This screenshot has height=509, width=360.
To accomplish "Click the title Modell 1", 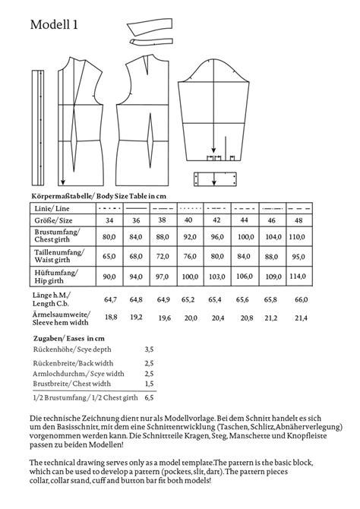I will [54, 25].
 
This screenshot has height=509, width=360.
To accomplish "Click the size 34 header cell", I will [109, 220].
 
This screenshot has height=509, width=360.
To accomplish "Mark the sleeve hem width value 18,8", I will [109, 318].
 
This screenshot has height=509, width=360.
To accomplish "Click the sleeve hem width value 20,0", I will [191, 318].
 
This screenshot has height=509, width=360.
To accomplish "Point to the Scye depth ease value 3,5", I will [149, 349].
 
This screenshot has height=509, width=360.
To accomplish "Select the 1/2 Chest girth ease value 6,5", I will [149, 397].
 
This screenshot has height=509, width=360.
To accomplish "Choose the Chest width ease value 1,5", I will [149, 384].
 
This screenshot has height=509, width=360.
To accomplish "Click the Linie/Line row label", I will [53, 207].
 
